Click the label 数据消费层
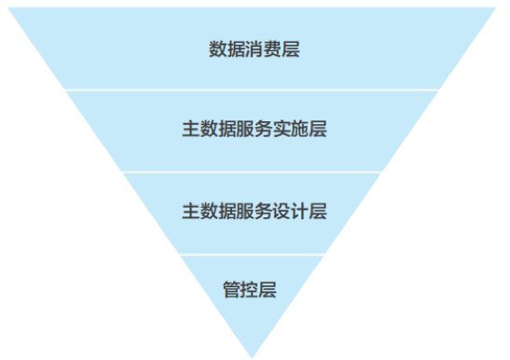pos(254,49)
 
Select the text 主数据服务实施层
pos(254,131)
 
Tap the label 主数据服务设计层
pos(254,212)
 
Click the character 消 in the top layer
pos(253,49)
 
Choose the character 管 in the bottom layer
pos(231,289)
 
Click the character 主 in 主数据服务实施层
pos(190,131)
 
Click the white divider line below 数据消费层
pos(254,90)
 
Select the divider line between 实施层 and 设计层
pos(254,172)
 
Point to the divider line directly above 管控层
pos(252,254)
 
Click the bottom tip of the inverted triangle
pos(252,355)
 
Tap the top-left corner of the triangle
pos(12,8)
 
